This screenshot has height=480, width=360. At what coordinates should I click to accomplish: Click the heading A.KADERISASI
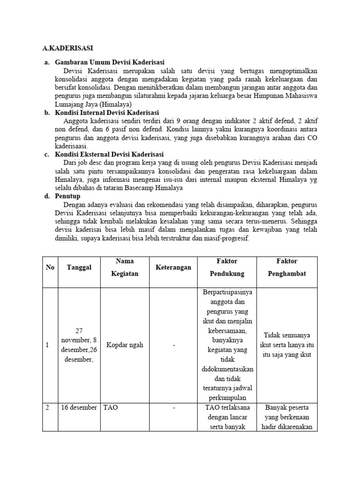(x=67, y=48)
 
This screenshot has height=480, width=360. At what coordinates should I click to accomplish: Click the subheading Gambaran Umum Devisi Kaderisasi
(x=110, y=62)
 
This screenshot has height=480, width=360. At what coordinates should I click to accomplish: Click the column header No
(x=50, y=267)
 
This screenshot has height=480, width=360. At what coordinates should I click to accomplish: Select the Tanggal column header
(x=79, y=267)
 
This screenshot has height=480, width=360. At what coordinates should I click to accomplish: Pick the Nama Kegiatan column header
(x=125, y=267)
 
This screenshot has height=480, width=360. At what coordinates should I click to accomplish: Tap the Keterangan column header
(x=173, y=267)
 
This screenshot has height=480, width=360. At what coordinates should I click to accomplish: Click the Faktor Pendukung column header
(x=227, y=267)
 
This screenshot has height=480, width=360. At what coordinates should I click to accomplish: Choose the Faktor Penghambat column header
(x=287, y=267)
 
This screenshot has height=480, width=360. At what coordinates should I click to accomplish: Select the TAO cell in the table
(x=111, y=407)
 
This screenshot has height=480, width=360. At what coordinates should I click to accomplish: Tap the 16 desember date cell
(x=79, y=407)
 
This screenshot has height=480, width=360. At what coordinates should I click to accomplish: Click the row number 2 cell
(x=47, y=407)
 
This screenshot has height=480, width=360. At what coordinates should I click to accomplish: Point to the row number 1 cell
(x=47, y=345)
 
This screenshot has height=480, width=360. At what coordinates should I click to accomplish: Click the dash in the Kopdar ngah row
(x=173, y=345)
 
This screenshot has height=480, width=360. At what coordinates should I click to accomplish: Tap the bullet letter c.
(x=47, y=154)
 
